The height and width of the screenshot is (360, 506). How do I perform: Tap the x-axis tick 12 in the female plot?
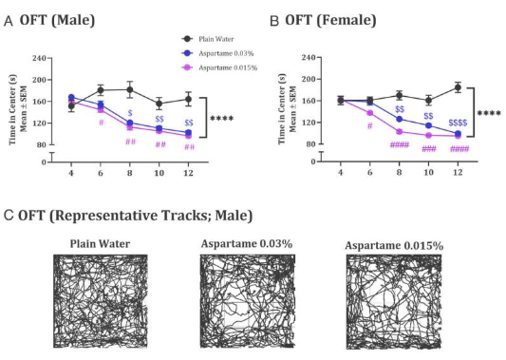click(459, 172)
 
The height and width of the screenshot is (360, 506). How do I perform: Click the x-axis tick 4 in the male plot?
click(71, 172)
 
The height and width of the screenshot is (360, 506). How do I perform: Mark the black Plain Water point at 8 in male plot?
click(130, 89)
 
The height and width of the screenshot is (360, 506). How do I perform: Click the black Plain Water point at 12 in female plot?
click(459, 87)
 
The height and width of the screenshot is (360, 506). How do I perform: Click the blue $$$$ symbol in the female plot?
click(459, 123)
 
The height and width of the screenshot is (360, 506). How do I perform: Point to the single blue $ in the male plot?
click(130, 113)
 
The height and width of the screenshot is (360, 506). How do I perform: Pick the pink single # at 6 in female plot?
click(369, 125)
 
